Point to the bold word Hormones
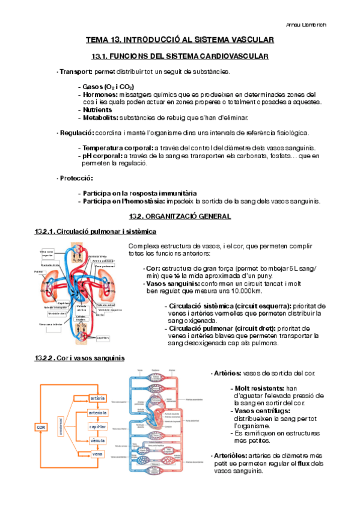(100, 94)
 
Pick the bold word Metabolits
(100, 117)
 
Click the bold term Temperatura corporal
(118, 148)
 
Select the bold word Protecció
(76, 178)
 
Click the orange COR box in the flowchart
(41, 427)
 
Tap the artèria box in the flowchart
(97, 398)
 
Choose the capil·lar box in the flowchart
(97, 427)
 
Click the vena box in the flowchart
(97, 454)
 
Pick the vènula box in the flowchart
(97, 441)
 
